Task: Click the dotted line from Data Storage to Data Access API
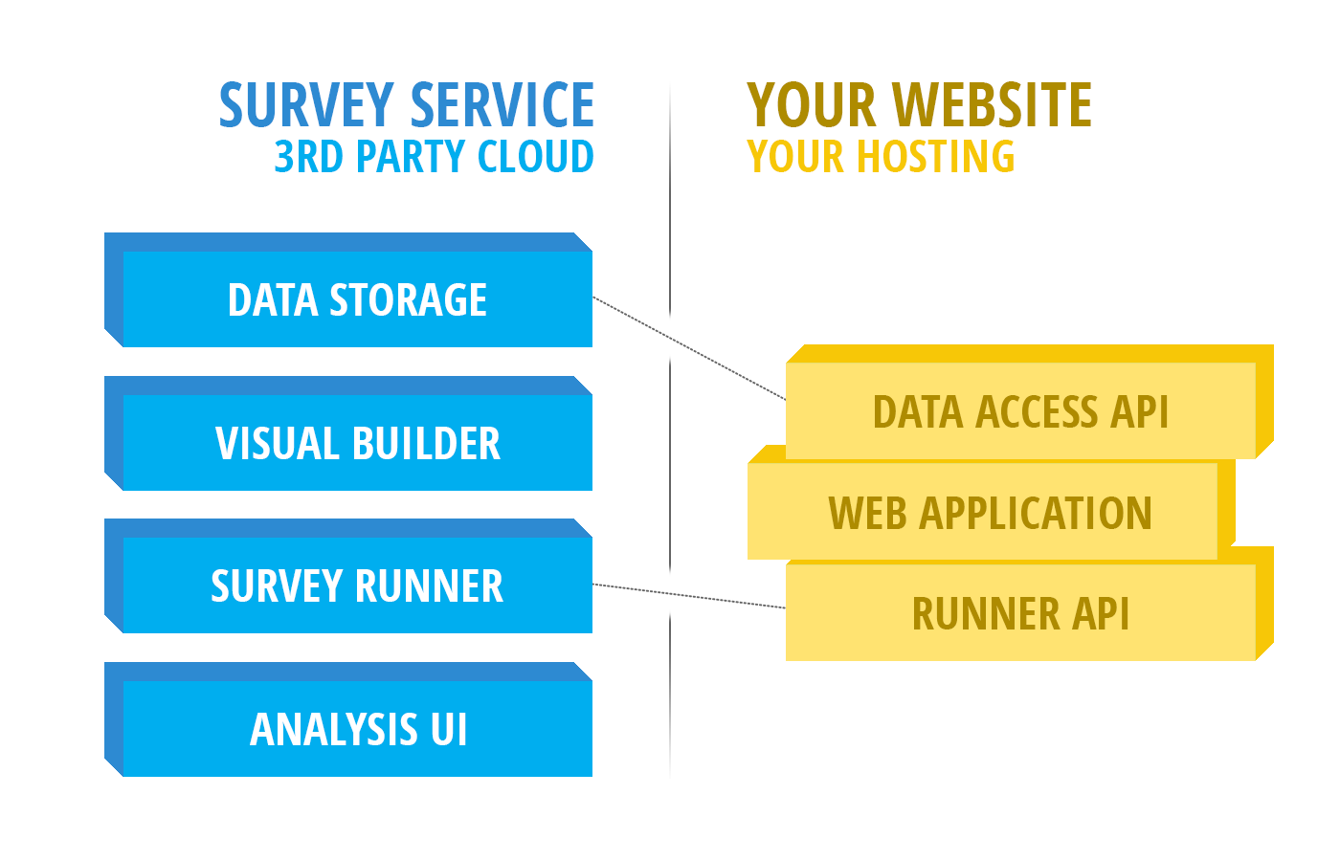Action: click(689, 348)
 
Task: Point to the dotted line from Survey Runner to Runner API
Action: click(689, 595)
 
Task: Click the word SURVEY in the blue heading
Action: click(306, 105)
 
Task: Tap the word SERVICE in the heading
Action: click(502, 105)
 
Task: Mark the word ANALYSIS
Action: click(333, 729)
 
